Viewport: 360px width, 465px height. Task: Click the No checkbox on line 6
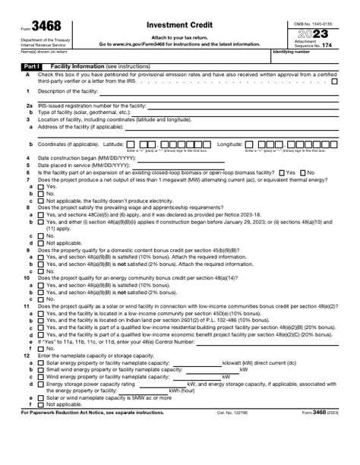302,172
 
